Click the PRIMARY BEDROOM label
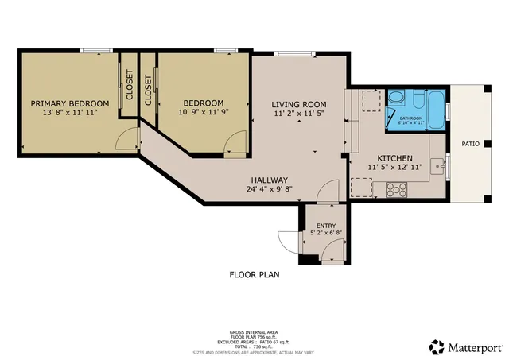(x=69, y=103)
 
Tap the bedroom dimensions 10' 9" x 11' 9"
(x=203, y=114)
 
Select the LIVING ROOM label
(x=298, y=104)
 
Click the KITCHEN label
(x=394, y=157)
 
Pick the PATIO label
(x=471, y=144)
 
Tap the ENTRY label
(x=326, y=226)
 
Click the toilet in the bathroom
(x=397, y=99)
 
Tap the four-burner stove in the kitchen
(x=396, y=190)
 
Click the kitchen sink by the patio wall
(x=437, y=168)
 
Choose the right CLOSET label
(x=148, y=89)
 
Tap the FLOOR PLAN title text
(x=254, y=274)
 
